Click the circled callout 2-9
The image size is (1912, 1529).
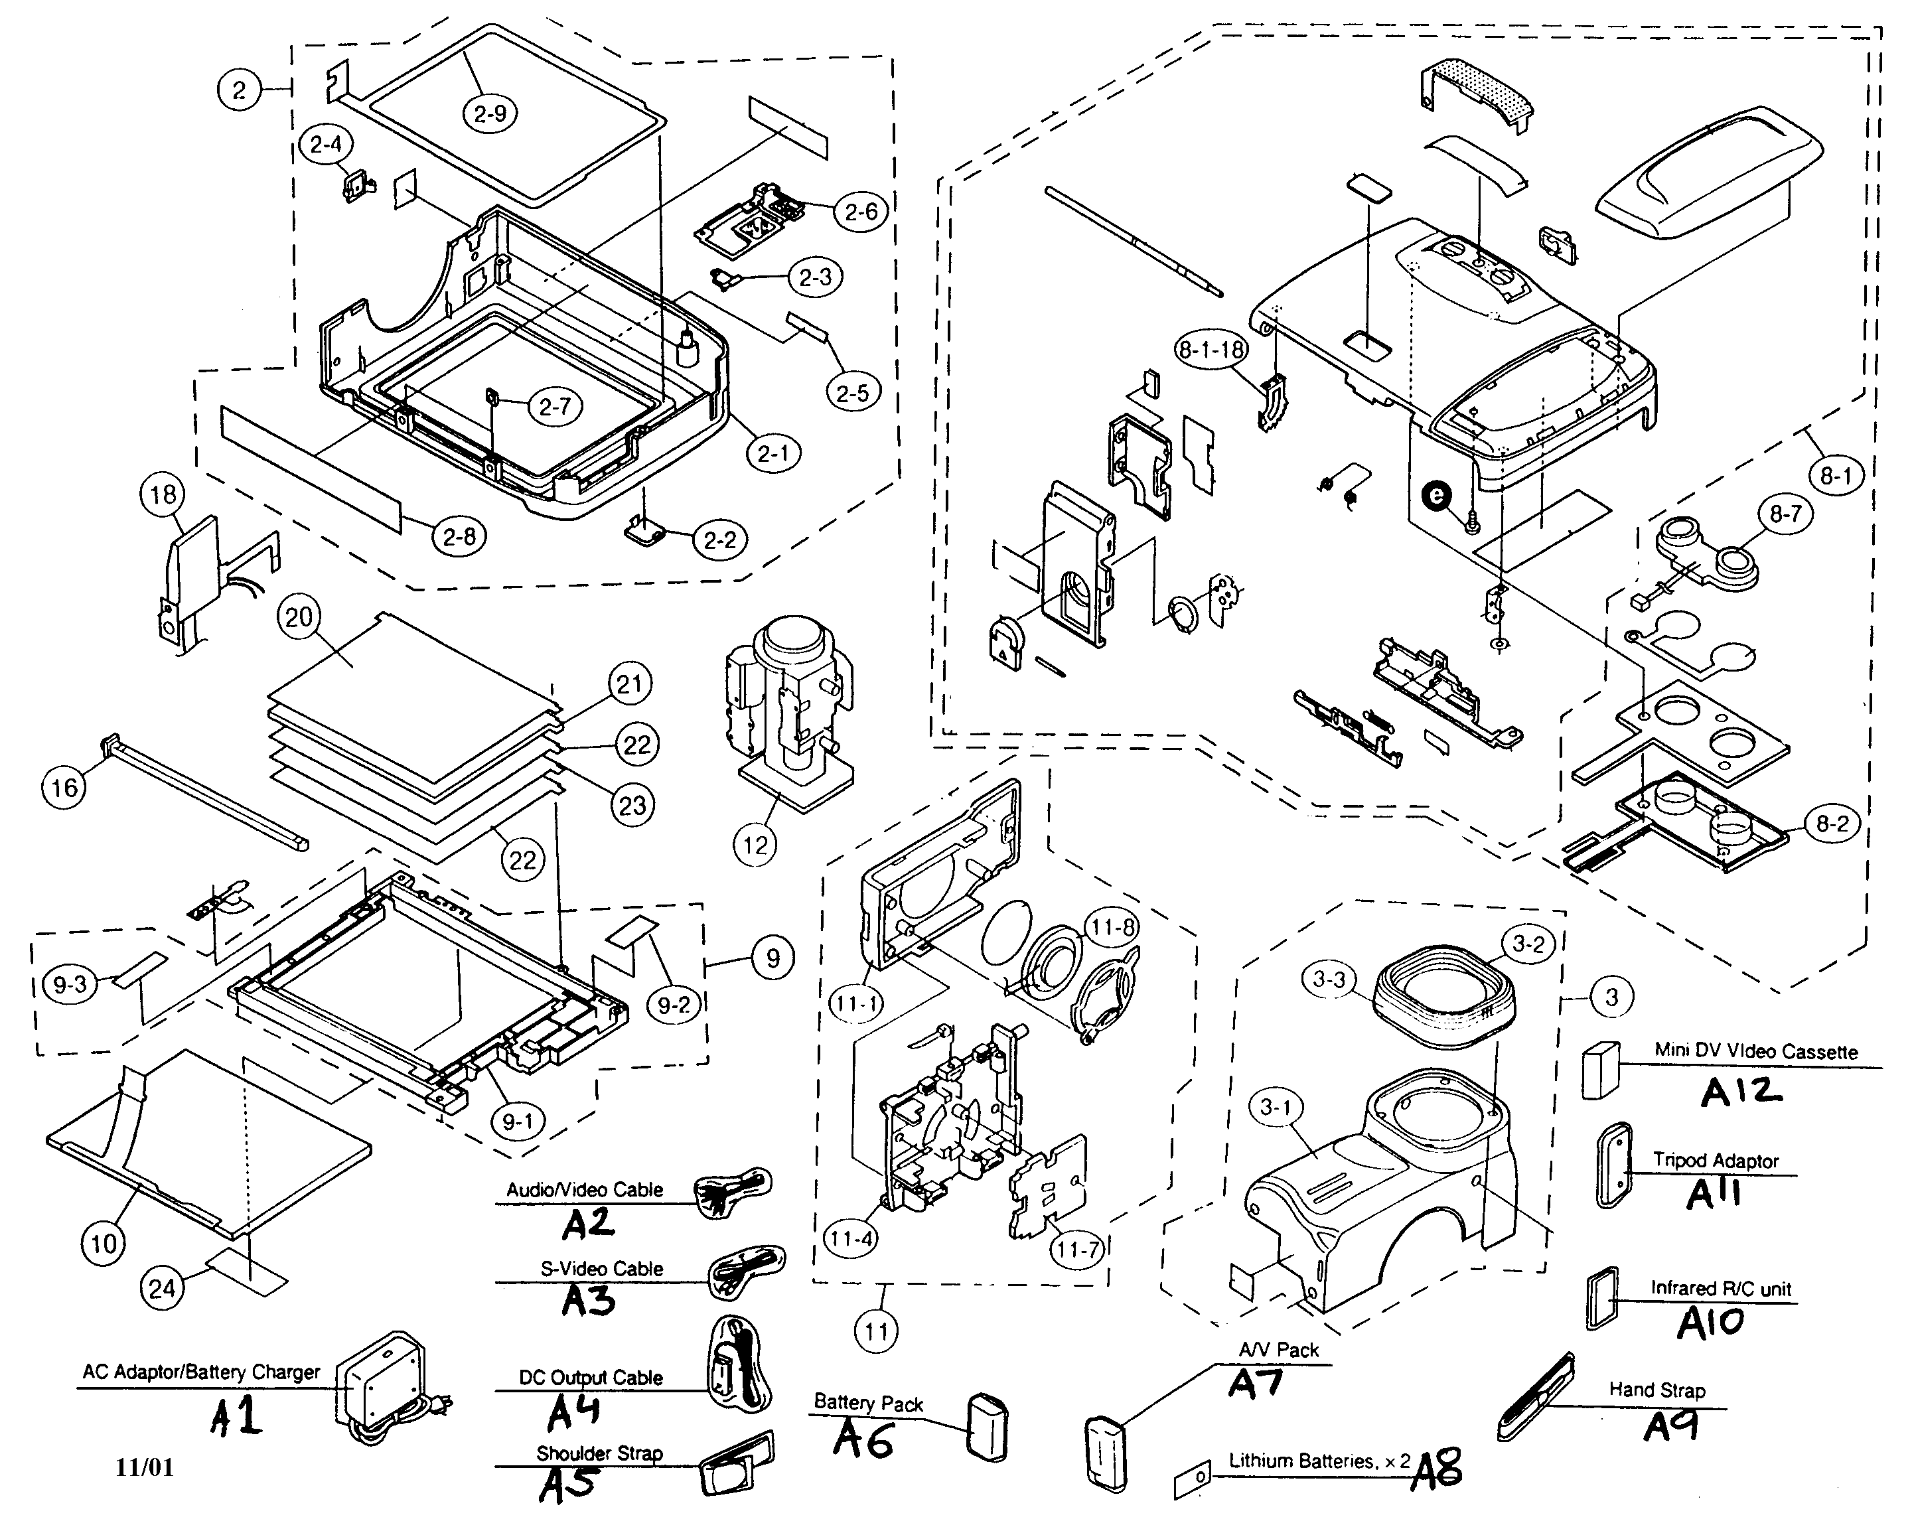click(x=490, y=113)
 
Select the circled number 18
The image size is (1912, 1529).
click(x=163, y=495)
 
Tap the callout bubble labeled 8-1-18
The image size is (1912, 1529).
click(x=1211, y=350)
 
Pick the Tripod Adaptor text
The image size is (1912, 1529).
click(x=1715, y=1160)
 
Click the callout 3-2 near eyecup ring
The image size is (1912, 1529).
click(x=1528, y=944)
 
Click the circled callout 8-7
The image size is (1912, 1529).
click(x=1785, y=515)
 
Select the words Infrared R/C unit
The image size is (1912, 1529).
click(x=1720, y=1289)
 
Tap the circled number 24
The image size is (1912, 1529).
click(x=163, y=1287)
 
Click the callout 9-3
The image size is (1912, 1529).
click(x=69, y=985)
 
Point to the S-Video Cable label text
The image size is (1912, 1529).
click(x=601, y=1269)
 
